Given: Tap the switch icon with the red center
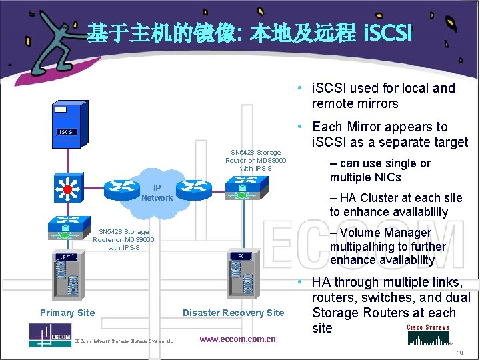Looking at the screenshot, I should coord(67,189).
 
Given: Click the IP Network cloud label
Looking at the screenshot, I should coord(157,193).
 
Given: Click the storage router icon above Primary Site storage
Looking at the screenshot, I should coord(66,227).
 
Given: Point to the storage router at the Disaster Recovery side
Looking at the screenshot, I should coord(241,191).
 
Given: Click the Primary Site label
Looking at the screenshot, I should coord(67,313).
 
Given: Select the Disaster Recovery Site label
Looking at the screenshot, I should coord(233,313).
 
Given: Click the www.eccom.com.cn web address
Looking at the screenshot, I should coord(237,339).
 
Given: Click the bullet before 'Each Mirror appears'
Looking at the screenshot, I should coord(302,127).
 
